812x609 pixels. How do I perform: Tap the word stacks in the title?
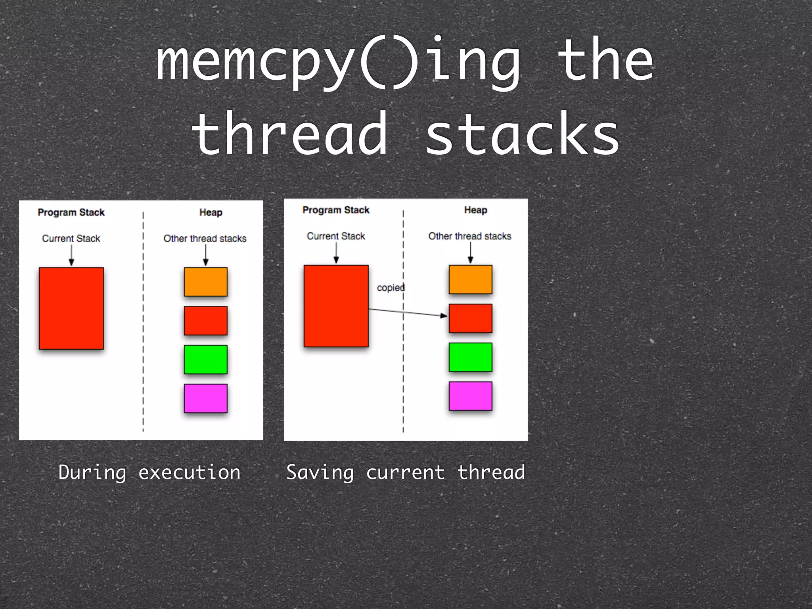click(x=522, y=135)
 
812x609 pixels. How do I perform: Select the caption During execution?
click(x=149, y=473)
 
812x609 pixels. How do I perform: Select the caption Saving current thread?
click(x=406, y=473)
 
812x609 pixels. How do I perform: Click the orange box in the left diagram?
click(x=205, y=282)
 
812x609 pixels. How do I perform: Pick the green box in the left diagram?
click(x=205, y=359)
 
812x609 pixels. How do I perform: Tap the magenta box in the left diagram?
click(x=205, y=398)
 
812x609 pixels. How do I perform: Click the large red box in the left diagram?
click(x=71, y=308)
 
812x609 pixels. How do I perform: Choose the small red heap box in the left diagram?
click(x=205, y=320)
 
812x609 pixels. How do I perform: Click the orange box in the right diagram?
click(x=470, y=280)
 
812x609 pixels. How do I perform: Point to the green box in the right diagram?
click(x=470, y=357)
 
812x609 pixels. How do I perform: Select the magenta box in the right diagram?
click(x=470, y=396)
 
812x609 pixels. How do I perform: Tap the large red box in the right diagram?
click(x=336, y=306)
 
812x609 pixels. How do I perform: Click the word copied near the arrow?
click(x=391, y=288)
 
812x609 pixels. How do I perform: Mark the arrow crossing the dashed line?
click(x=408, y=313)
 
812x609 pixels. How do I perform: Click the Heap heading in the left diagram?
click(x=211, y=213)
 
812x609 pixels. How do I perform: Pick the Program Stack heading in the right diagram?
click(x=336, y=210)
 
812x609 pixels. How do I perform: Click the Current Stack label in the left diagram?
click(x=71, y=239)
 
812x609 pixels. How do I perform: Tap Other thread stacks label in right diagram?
click(x=469, y=236)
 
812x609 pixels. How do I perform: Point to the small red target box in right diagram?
click(x=470, y=318)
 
